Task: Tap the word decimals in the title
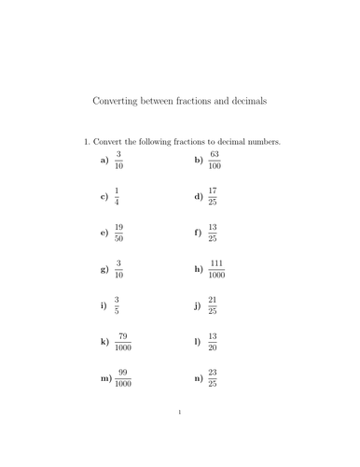click(244, 101)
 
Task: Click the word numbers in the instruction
click(261, 142)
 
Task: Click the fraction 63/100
click(215, 160)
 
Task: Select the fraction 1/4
click(117, 197)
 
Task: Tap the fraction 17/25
click(213, 197)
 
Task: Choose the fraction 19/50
click(118, 233)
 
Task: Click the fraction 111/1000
click(216, 269)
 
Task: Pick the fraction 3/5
click(117, 305)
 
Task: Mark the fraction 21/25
click(213, 305)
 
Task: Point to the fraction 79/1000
click(123, 342)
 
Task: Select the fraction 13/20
click(213, 342)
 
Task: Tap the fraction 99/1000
click(123, 378)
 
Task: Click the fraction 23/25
click(213, 378)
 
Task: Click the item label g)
click(104, 269)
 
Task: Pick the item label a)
click(104, 161)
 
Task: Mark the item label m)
click(105, 378)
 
